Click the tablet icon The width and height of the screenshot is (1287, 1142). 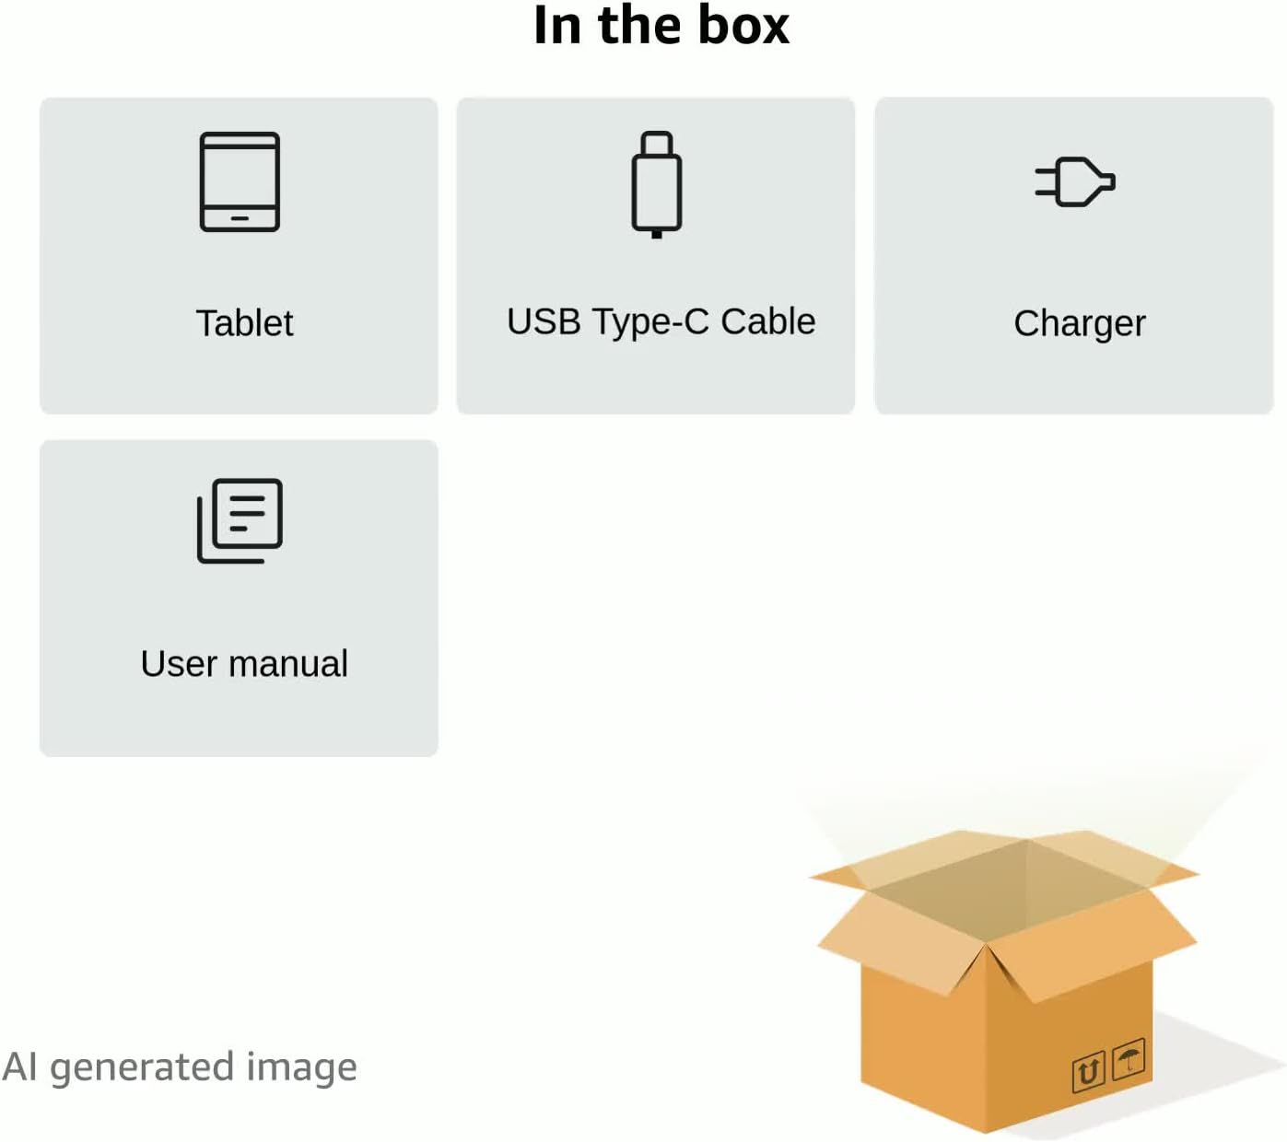click(240, 181)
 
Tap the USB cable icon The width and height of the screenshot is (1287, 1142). click(656, 184)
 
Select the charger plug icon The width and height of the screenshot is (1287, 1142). click(1074, 181)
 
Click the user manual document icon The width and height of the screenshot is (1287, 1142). click(240, 520)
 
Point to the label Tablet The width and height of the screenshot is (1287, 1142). click(244, 323)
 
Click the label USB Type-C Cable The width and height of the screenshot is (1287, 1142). click(661, 322)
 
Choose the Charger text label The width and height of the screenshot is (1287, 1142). click(1079, 324)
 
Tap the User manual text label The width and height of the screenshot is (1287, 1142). click(244, 664)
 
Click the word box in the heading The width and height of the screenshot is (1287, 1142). click(743, 25)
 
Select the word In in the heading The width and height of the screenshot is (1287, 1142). click(556, 25)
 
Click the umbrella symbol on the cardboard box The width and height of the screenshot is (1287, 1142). click(1128, 1058)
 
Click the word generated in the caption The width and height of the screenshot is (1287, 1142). click(142, 1068)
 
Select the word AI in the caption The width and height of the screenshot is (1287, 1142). click(19, 1066)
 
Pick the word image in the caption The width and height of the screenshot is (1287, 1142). click(301, 1068)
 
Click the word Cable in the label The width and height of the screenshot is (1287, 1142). click(767, 321)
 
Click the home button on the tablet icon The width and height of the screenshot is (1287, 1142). click(240, 219)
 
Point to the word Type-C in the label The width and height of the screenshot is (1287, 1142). click(650, 322)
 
